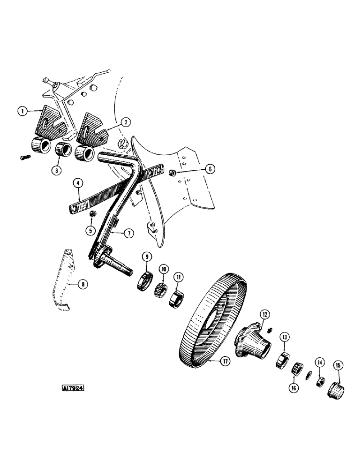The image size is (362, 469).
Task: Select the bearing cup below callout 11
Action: pos(178,297)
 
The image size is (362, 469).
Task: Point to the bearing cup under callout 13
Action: pos(282,360)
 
